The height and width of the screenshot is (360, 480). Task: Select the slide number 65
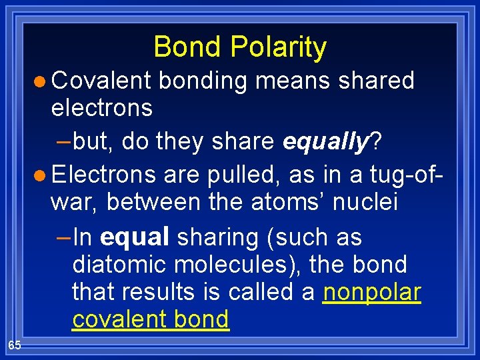pyautogui.click(x=15, y=345)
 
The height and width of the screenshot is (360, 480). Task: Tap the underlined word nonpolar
pyautogui.click(x=371, y=292)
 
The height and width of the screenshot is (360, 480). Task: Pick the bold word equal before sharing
pyautogui.click(x=134, y=237)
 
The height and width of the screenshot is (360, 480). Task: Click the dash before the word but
pyautogui.click(x=65, y=141)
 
